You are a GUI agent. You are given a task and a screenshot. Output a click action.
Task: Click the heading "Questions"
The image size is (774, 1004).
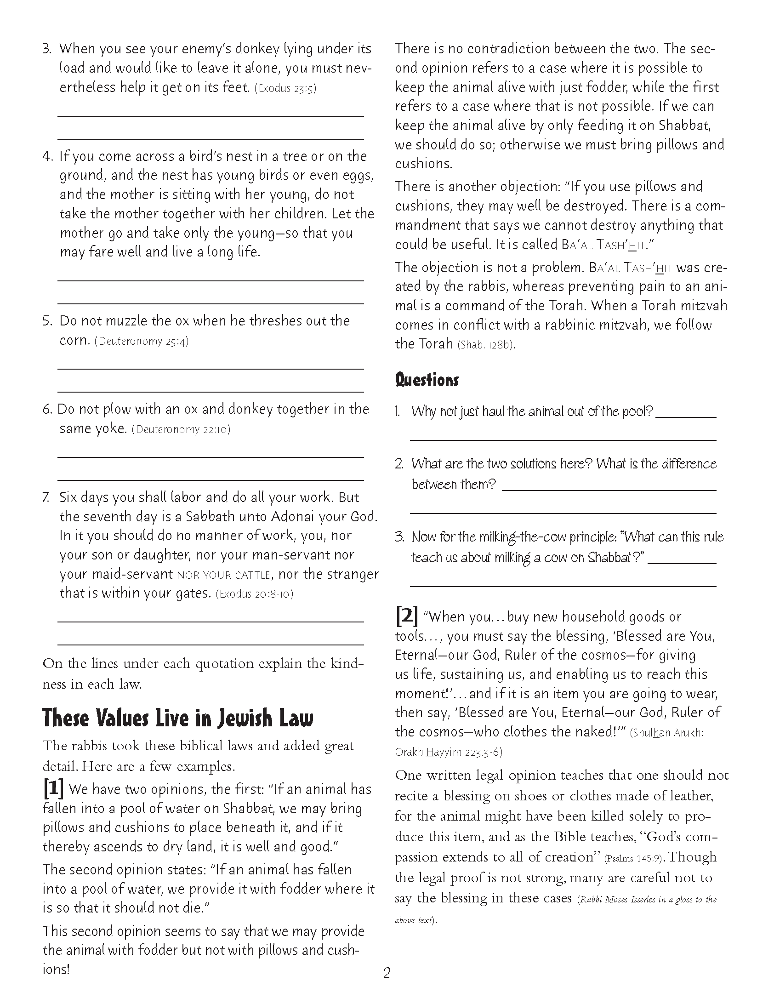point(427,380)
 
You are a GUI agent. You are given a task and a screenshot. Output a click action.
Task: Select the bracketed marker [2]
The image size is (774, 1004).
point(406,616)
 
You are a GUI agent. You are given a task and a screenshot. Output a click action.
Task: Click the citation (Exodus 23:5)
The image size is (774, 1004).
point(285,88)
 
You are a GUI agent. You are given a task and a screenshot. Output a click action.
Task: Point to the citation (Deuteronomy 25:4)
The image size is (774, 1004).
point(142,341)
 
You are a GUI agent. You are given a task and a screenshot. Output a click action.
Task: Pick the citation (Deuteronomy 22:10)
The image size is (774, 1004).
point(181,429)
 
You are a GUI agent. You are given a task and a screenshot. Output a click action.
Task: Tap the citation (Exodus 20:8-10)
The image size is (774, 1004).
point(254,593)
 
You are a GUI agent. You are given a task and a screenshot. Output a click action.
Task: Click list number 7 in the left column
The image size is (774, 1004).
point(46,497)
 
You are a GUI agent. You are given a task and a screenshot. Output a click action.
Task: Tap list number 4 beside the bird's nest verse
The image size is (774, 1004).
point(48,156)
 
